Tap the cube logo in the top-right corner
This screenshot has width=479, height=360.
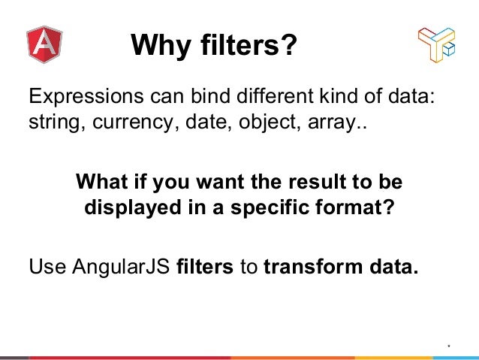[x=436, y=45]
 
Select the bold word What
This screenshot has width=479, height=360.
[x=104, y=182]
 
